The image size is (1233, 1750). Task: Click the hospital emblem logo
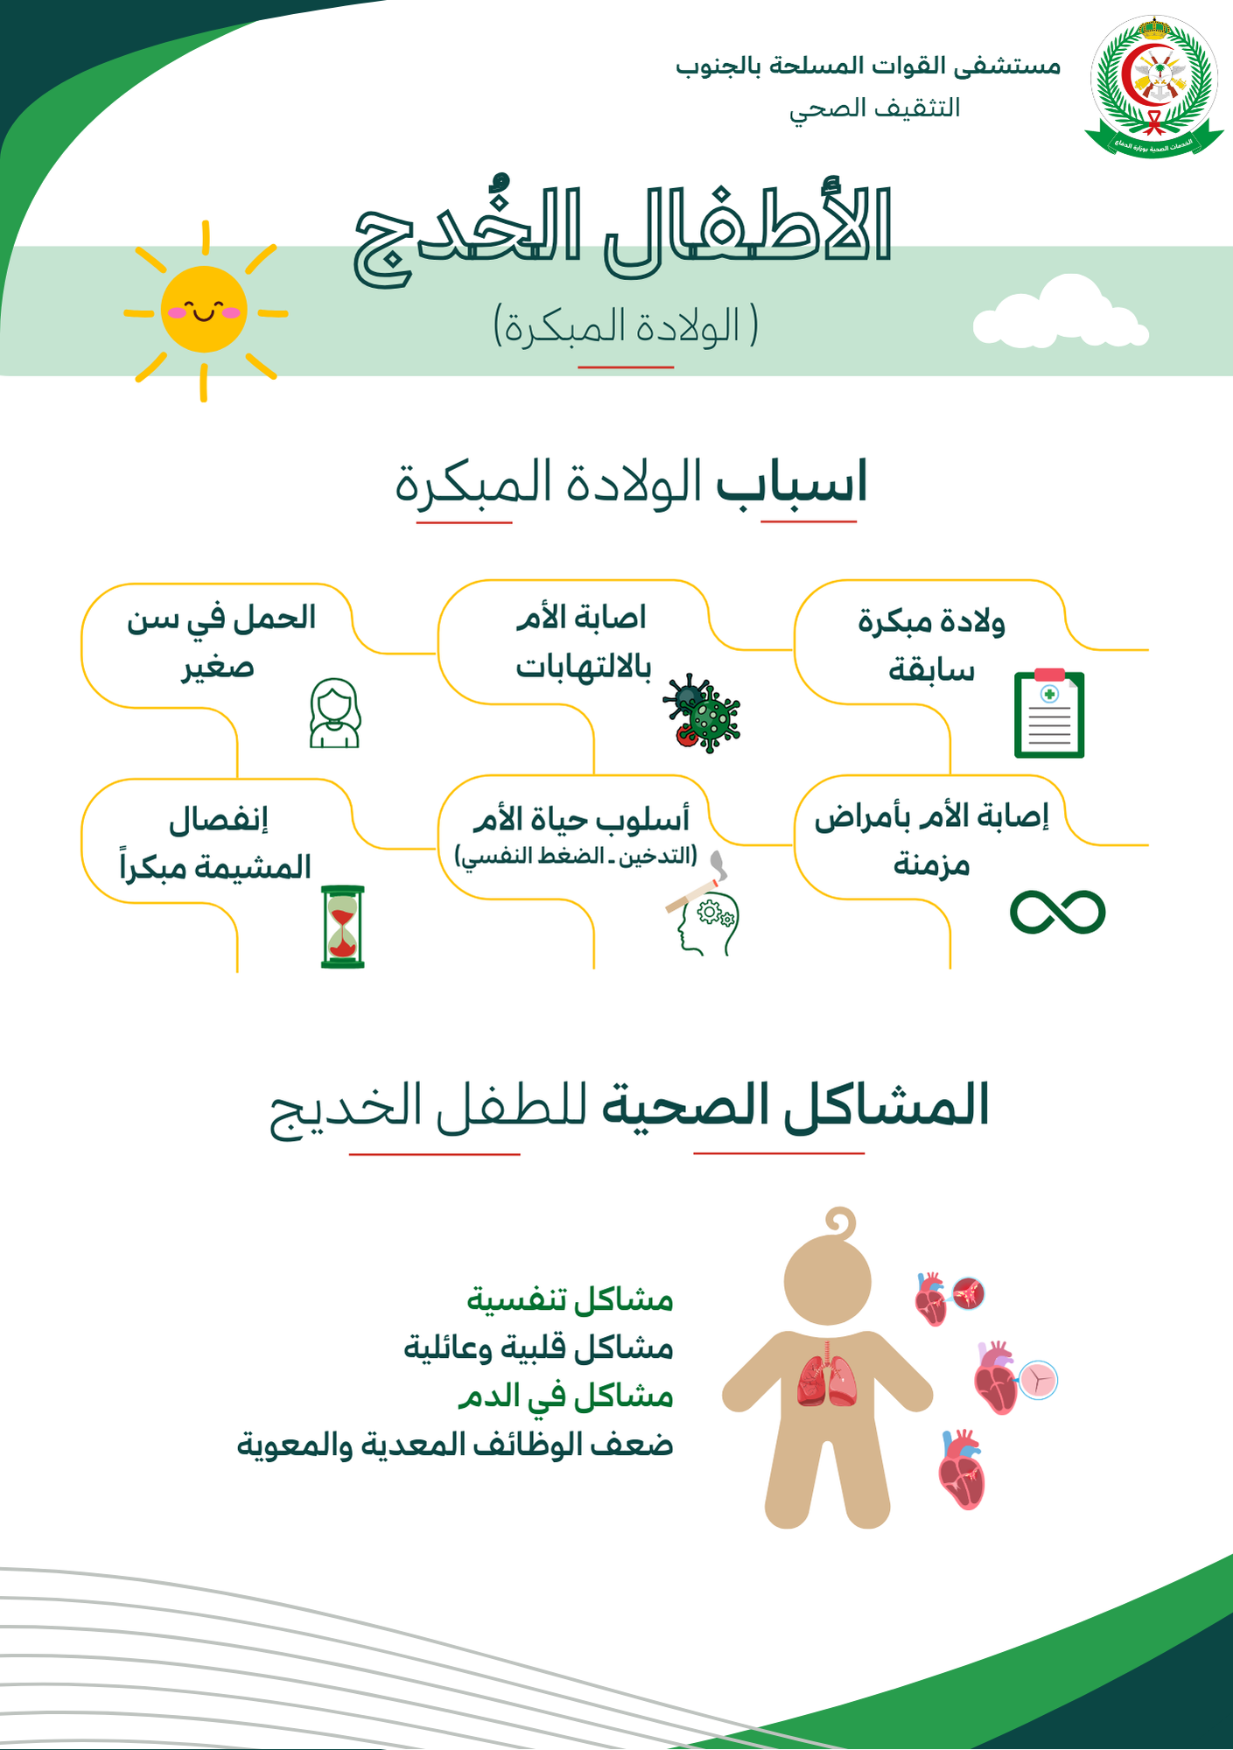click(x=1154, y=85)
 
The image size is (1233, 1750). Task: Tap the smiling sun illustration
click(x=204, y=310)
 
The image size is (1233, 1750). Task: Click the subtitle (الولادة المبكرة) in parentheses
click(x=626, y=326)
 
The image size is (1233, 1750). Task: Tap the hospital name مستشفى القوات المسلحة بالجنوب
click(x=867, y=66)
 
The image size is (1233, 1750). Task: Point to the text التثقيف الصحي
click(x=874, y=108)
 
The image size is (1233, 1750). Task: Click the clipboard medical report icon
click(x=1049, y=714)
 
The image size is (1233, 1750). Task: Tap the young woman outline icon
click(x=334, y=713)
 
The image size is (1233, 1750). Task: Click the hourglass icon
click(x=342, y=927)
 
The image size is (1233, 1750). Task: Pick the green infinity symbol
click(x=1057, y=913)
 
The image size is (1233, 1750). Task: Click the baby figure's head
click(x=828, y=1281)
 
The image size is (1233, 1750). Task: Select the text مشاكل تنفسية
click(x=570, y=1300)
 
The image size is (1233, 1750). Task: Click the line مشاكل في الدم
click(x=565, y=1396)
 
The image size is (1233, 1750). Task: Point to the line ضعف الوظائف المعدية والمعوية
click(x=455, y=1444)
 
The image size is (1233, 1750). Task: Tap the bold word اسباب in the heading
click(x=792, y=482)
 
